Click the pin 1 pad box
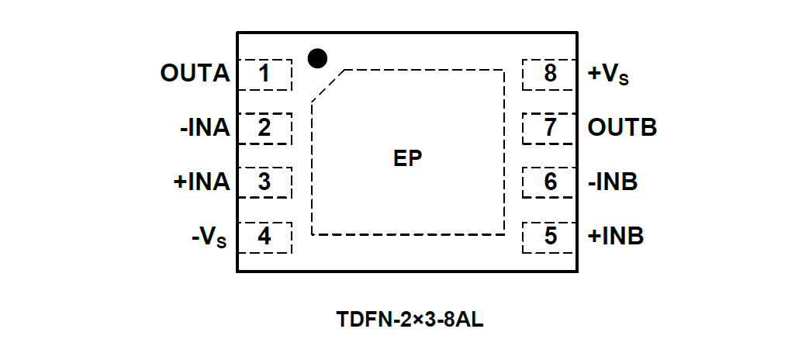click(x=264, y=74)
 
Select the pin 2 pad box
click(x=264, y=128)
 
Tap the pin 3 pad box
click(x=264, y=182)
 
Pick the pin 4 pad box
click(x=264, y=237)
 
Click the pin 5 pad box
click(x=550, y=237)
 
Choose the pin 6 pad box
click(x=550, y=182)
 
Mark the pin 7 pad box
click(x=550, y=128)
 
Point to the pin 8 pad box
click(x=550, y=74)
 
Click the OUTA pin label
click(x=195, y=74)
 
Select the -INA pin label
click(x=205, y=128)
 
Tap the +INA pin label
click(x=202, y=182)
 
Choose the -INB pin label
click(x=613, y=182)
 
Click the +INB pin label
click(x=616, y=237)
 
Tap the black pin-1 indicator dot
click(x=317, y=57)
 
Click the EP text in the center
click(x=407, y=158)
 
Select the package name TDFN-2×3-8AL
click(x=410, y=320)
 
